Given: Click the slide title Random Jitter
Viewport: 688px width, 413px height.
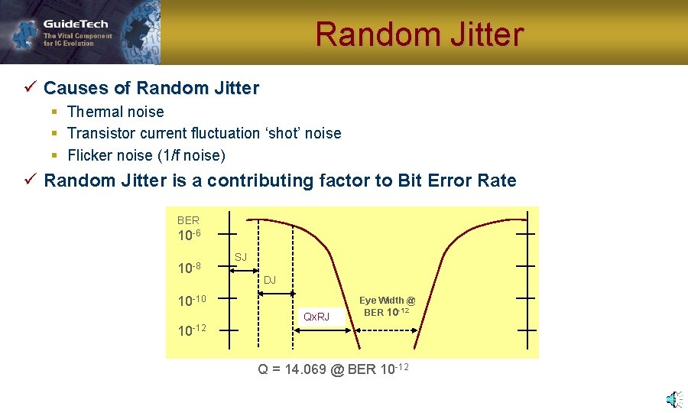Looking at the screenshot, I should (x=419, y=34).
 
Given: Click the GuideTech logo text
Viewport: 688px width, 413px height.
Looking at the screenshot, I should (x=76, y=24).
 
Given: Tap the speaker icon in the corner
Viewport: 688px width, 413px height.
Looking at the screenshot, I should (x=673, y=398).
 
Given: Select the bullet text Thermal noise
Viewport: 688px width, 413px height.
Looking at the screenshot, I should (x=115, y=112).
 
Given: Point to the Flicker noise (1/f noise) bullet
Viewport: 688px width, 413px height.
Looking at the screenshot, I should (x=146, y=155).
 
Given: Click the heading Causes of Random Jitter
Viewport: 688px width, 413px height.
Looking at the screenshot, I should (x=151, y=88).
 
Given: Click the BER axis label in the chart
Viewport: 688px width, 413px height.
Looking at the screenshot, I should (x=188, y=220).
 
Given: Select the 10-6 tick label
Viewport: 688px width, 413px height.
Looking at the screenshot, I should (x=189, y=235).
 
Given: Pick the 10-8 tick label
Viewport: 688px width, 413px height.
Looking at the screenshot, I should (x=189, y=268).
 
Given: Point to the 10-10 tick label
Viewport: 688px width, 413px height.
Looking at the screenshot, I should (x=191, y=301).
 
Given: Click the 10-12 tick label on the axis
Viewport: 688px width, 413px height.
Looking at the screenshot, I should (x=191, y=330).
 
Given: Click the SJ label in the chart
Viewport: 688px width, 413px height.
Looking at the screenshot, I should (x=241, y=257).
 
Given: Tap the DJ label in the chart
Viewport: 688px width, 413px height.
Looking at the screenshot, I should (x=270, y=281).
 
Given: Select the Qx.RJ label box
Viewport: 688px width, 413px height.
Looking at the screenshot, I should (x=316, y=316).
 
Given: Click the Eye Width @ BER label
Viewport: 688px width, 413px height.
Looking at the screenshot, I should (x=387, y=306).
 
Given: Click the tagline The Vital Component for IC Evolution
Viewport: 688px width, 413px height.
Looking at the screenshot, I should (x=77, y=40).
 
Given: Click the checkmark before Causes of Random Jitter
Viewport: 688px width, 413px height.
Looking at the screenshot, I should (x=31, y=88).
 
